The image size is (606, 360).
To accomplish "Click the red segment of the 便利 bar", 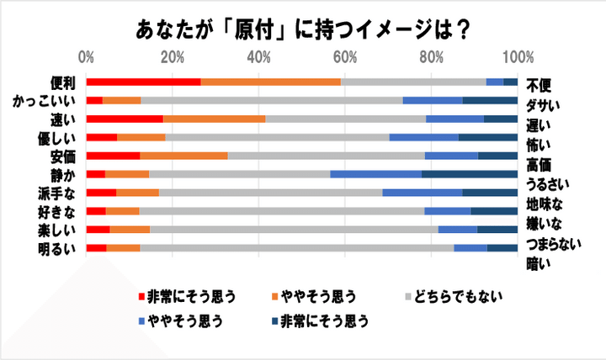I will pyautogui.click(x=143, y=82).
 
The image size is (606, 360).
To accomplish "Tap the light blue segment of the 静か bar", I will pyautogui.click(x=375, y=174).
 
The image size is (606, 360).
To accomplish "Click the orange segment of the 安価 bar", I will pyautogui.click(x=183, y=156).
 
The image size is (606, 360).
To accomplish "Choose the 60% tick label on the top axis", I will pyautogui.click(x=345, y=57).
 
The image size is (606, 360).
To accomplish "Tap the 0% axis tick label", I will pyautogui.click(x=86, y=57).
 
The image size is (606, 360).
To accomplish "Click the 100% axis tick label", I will pyautogui.click(x=518, y=57).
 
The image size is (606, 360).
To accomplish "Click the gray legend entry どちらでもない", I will pyautogui.click(x=459, y=296).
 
